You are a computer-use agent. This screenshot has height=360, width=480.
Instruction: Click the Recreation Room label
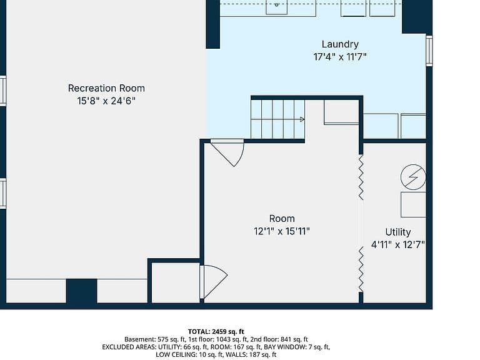tap(106, 88)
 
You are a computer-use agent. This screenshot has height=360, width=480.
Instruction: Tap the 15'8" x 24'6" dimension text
tap(106, 101)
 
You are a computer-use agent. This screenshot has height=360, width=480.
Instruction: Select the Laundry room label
tap(340, 44)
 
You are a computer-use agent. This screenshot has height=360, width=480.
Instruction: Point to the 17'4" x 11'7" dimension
tap(340, 57)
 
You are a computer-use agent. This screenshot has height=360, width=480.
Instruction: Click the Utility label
tap(398, 232)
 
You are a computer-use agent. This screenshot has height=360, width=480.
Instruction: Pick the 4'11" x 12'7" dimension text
tap(398, 245)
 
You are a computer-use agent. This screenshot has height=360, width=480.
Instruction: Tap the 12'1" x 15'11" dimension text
tap(282, 231)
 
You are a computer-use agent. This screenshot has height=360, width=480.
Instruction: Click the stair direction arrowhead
tap(302, 119)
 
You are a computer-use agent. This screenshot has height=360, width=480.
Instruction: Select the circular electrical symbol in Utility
tap(413, 177)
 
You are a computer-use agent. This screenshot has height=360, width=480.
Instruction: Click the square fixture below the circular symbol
tap(413, 205)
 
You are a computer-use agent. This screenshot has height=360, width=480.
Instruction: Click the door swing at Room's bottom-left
tap(214, 282)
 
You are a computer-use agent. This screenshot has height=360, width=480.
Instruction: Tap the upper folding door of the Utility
tap(361, 177)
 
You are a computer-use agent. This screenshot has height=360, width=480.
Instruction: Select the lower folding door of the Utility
tap(361, 269)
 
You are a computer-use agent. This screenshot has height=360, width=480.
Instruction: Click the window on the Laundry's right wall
tap(429, 51)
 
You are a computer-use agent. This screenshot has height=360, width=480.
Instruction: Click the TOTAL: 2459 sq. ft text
tap(216, 331)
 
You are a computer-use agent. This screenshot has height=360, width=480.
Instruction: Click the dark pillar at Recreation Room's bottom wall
tap(82, 291)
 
